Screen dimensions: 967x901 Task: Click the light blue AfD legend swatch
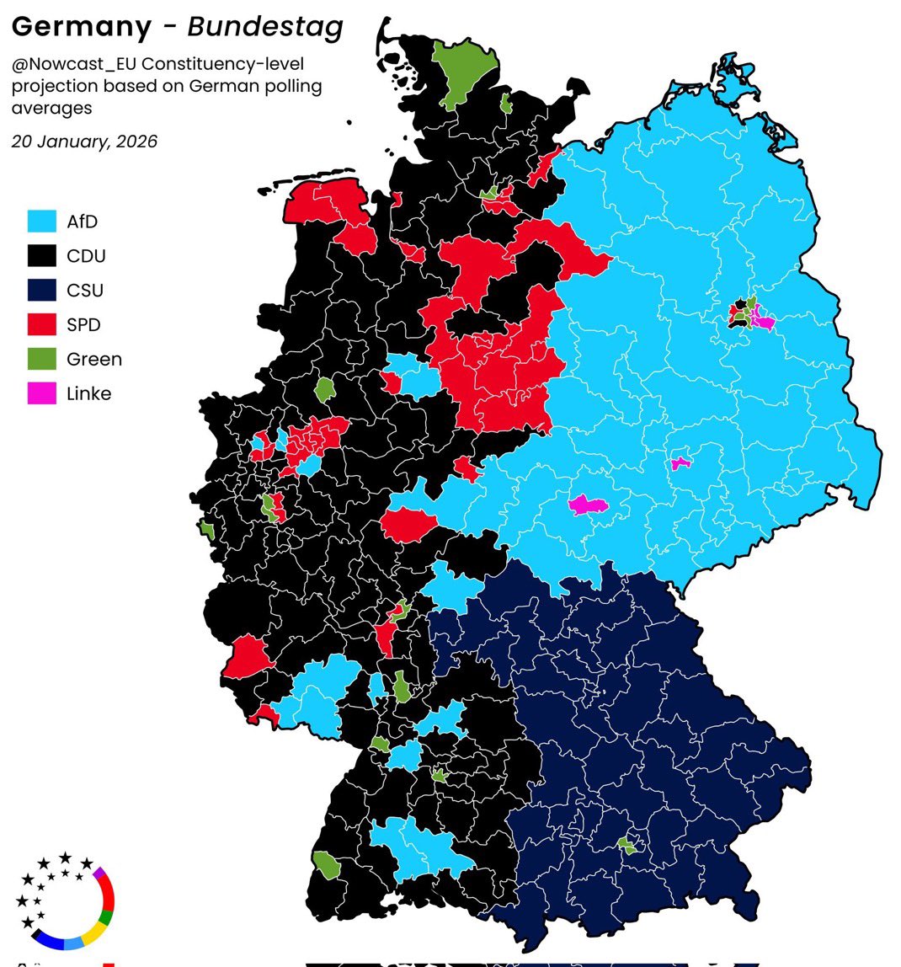point(41,222)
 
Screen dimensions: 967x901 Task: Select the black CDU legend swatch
point(41,256)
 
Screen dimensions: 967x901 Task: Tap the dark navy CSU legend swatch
point(41,291)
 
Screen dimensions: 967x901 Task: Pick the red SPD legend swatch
point(41,325)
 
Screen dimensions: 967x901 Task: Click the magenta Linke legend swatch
point(41,393)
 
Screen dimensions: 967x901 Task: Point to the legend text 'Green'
point(94,360)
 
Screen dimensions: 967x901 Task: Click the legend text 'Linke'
point(88,393)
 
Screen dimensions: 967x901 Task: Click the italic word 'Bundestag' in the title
point(265,28)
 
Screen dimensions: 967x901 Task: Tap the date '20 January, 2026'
point(84,142)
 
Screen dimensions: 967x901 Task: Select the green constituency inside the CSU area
point(627,845)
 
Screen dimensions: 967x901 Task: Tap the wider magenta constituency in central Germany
point(589,505)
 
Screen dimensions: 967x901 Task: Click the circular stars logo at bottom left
point(64,900)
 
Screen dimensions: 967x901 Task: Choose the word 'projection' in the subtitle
point(51,87)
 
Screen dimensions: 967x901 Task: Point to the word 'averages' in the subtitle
point(51,109)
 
